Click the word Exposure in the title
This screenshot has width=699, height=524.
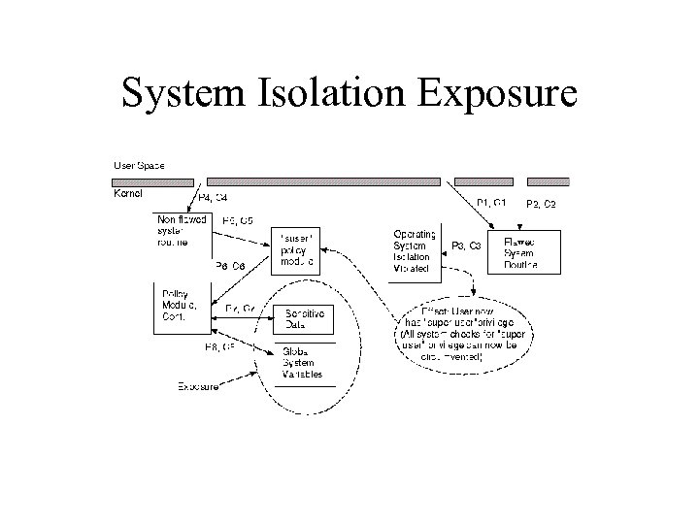[497, 94]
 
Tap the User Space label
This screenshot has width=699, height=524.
[139, 165]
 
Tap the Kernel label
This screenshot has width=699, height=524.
[128, 194]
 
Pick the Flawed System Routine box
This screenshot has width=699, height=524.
[526, 251]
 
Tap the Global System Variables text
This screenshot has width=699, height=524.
[303, 361]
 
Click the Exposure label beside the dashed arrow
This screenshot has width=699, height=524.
[198, 386]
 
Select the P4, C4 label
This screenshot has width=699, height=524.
[213, 198]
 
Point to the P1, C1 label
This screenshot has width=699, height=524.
[490, 202]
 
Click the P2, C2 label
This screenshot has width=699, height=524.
[541, 204]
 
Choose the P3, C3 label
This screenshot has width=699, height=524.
[466, 246]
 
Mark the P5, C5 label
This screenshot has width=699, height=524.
[238, 221]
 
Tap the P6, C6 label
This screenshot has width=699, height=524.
[229, 266]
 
